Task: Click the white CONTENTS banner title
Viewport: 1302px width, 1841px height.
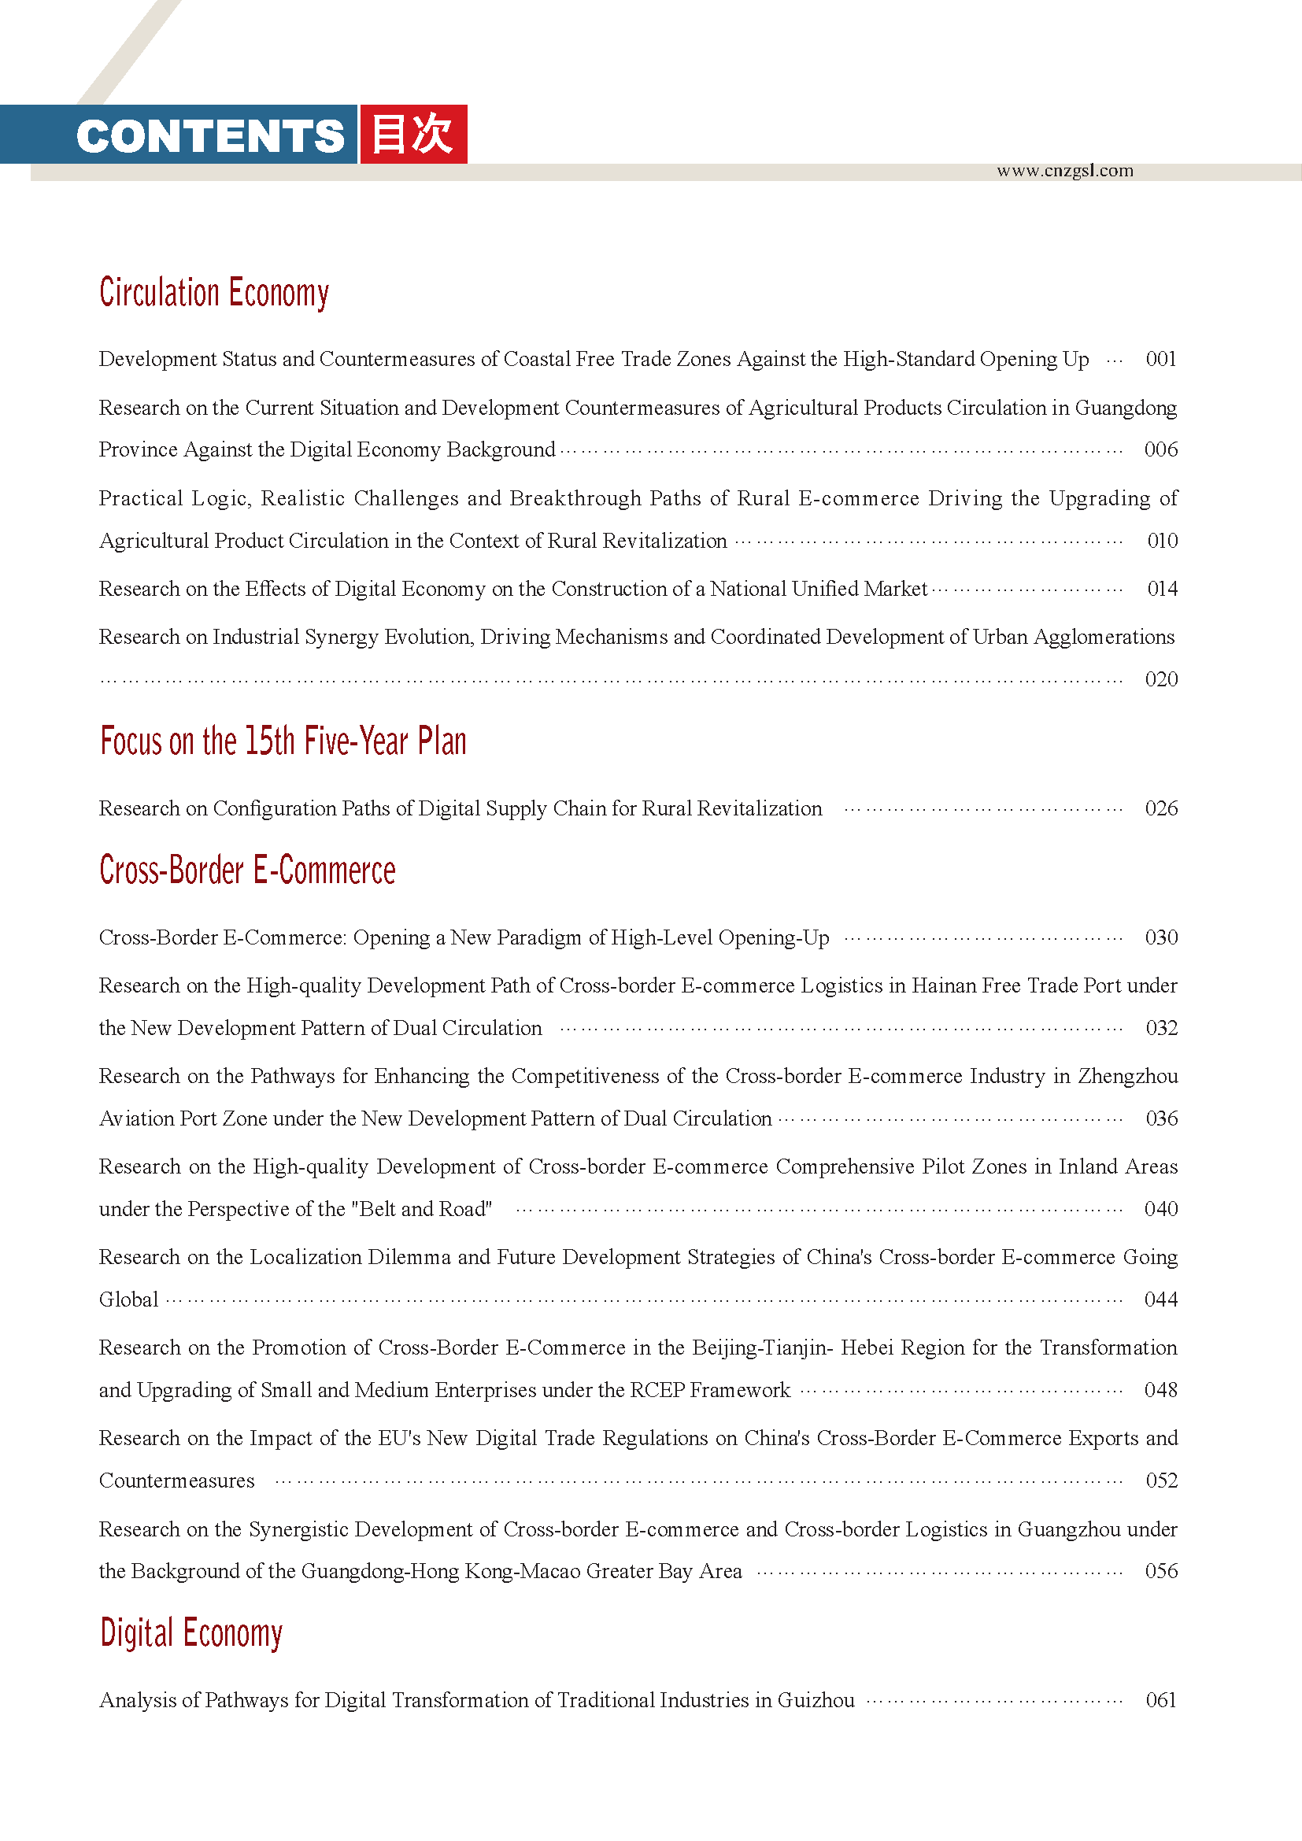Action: click(x=210, y=135)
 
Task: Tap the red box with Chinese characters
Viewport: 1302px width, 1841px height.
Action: click(x=414, y=134)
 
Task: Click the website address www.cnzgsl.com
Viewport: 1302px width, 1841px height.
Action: click(x=1065, y=171)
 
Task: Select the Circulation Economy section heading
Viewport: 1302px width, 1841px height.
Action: click(x=214, y=293)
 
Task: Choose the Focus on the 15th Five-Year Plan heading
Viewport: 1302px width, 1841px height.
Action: click(x=283, y=741)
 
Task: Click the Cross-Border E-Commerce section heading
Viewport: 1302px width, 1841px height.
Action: click(x=247, y=871)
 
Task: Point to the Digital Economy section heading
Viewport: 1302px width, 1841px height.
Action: click(x=190, y=1633)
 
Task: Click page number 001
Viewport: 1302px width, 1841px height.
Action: click(x=1161, y=359)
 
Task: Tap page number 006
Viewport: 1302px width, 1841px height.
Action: click(x=1161, y=450)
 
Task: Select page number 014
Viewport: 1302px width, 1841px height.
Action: click(x=1162, y=590)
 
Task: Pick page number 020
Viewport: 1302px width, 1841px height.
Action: click(x=1161, y=680)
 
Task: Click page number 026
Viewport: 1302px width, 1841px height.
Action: click(x=1161, y=808)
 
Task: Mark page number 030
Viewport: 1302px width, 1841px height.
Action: click(x=1161, y=937)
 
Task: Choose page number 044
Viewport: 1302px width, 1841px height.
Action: click(x=1161, y=1299)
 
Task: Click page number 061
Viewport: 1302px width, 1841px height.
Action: click(x=1161, y=1701)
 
